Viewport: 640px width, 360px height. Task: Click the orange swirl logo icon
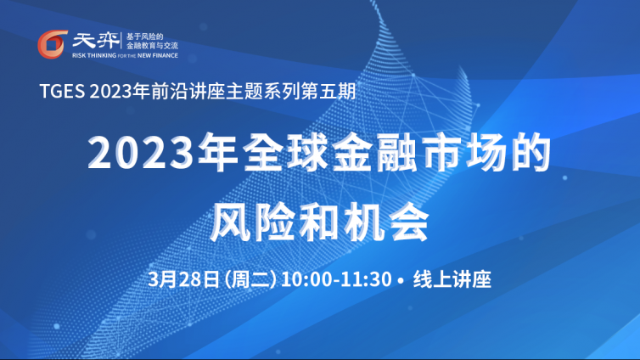[53, 44]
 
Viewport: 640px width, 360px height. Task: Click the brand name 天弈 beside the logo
[96, 41]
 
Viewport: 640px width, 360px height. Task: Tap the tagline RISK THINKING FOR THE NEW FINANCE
[125, 55]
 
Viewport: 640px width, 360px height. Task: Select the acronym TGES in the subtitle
[63, 92]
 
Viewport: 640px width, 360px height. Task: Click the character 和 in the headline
[320, 222]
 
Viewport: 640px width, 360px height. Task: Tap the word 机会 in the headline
[386, 222]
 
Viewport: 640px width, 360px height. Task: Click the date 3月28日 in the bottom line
[184, 279]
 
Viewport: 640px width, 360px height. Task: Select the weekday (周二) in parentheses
[250, 279]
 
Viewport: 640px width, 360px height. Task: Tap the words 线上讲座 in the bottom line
[452, 279]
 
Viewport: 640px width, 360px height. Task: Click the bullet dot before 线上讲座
[401, 280]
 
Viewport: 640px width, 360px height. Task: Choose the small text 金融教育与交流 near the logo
[152, 46]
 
